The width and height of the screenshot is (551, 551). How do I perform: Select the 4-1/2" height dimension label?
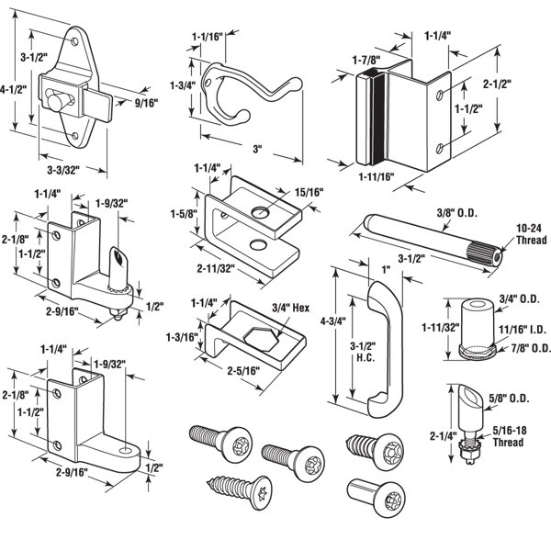11,89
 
